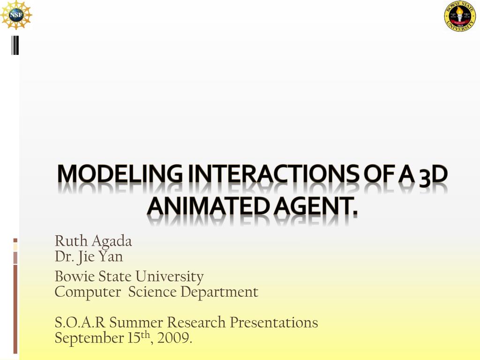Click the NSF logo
[16, 15]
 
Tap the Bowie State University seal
[460, 16]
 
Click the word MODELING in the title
[120, 174]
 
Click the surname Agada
[112, 242]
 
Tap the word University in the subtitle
[170, 277]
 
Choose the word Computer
[88, 292]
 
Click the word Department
[219, 292]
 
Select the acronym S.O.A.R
[80, 322]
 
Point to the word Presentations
[274, 322]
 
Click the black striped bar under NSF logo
[15, 45]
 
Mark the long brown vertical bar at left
[15, 309]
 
